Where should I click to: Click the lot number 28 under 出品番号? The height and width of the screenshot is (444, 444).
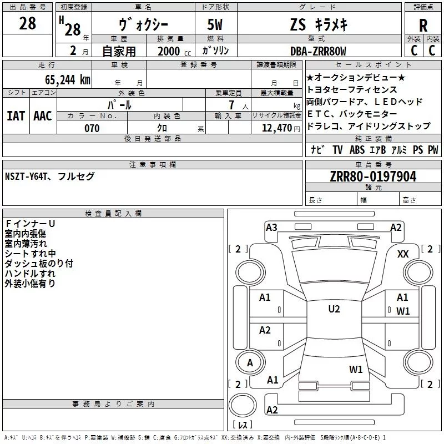point(27,24)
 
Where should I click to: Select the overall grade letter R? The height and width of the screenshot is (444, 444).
point(423,25)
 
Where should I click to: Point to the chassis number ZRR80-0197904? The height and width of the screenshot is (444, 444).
point(374,177)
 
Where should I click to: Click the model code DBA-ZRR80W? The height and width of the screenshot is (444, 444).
point(318,51)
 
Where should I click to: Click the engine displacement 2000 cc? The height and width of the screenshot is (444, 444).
point(169,51)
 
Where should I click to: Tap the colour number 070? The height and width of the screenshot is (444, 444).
point(92,128)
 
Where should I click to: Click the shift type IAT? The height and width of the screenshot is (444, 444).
point(16,115)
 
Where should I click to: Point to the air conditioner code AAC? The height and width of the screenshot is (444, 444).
point(43,115)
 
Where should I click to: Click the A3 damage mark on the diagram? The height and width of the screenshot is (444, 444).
point(271,227)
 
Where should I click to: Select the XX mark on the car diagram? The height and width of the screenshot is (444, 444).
point(403,254)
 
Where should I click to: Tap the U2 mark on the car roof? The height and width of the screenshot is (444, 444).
point(334,309)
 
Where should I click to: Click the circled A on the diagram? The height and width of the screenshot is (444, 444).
point(250,362)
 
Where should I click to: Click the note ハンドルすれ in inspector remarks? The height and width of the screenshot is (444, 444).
point(30,273)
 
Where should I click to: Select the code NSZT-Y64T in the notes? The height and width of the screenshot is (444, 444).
point(28,176)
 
